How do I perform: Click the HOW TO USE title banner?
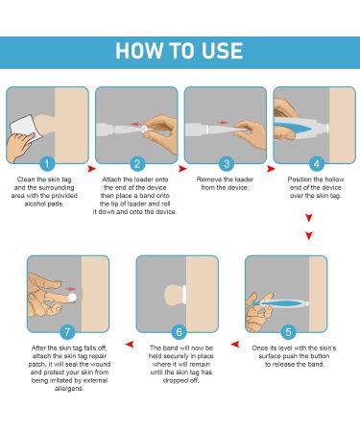coord(180,48)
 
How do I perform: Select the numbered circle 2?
coord(136,164)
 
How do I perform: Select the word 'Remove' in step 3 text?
coord(207,180)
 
